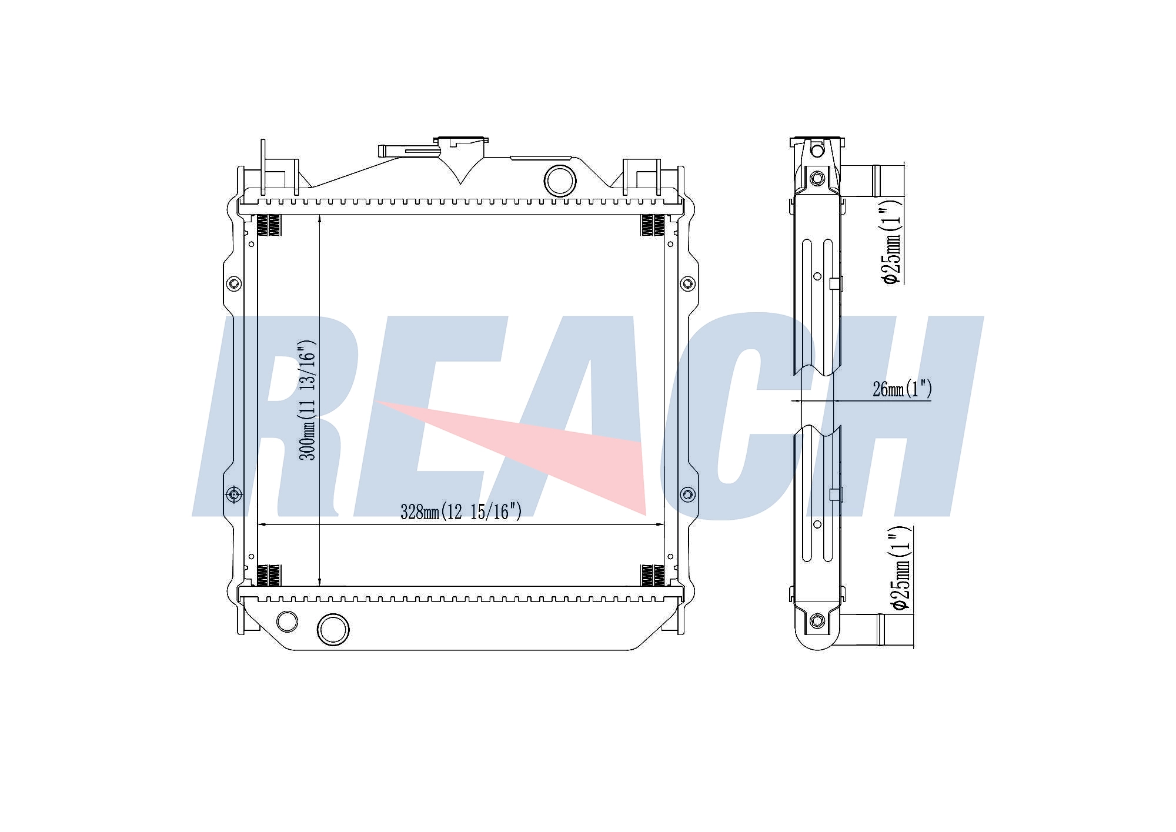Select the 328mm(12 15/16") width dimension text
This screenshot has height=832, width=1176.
tap(461, 512)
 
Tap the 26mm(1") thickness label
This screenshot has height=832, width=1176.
tap(902, 389)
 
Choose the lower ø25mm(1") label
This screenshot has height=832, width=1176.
tap(900, 568)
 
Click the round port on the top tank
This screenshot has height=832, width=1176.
tap(560, 181)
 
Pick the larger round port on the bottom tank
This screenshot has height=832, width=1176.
tap(333, 629)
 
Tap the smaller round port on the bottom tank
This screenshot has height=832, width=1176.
tap(287, 621)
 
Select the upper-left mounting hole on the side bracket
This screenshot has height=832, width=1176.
tap(234, 283)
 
